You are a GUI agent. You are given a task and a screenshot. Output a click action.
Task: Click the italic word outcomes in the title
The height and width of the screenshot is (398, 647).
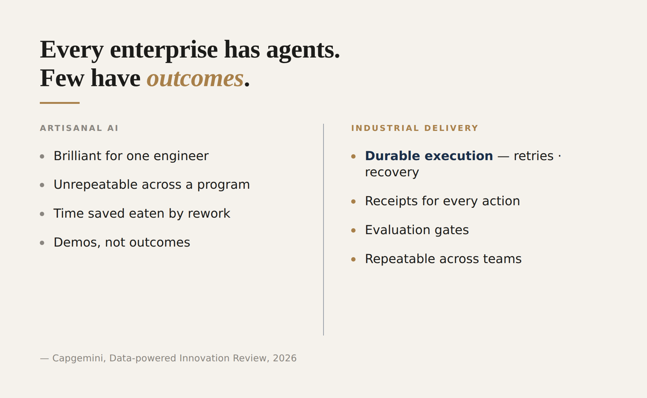[195, 78]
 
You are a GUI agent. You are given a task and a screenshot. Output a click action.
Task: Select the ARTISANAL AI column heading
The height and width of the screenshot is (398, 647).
[79, 128]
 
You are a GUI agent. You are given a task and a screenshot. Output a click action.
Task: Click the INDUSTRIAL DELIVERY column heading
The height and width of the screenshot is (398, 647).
[415, 128]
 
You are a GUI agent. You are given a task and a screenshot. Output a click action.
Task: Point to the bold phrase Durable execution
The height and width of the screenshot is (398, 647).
[429, 156]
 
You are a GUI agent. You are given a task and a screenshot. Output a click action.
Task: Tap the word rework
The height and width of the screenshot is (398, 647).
[209, 214]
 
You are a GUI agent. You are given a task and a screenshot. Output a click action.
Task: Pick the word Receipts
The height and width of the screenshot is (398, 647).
[391, 201]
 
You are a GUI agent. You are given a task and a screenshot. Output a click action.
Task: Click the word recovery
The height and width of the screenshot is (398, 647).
[392, 173]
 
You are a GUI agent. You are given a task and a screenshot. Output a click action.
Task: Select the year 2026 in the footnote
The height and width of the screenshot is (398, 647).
[285, 358]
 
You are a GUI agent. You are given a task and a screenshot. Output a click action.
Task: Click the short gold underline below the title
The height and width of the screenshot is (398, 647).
[60, 103]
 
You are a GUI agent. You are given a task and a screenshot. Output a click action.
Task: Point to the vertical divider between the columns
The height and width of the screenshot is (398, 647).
[323, 229]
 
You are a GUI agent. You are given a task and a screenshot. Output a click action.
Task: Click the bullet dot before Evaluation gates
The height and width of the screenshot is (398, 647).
[353, 230]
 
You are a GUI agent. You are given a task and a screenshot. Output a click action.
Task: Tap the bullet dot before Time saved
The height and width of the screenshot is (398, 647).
[42, 214]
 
